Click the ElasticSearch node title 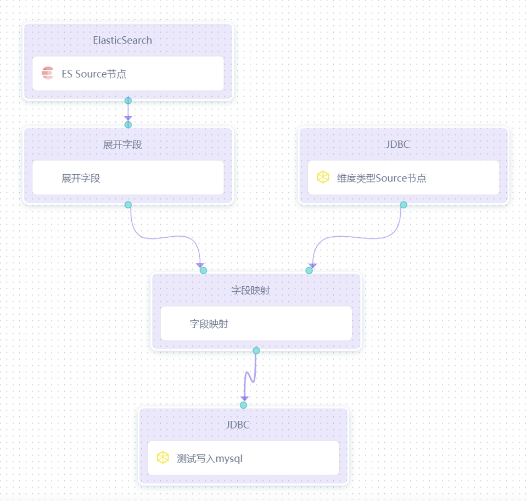(x=122, y=40)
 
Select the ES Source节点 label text (x=94, y=74)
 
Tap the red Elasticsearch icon (x=48, y=73)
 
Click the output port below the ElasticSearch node (x=128, y=101)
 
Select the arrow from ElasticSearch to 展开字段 (x=128, y=113)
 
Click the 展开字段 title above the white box (x=122, y=144)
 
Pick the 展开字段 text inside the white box (x=81, y=178)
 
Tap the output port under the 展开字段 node (x=128, y=205)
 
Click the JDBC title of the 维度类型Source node (x=398, y=144)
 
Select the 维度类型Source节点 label (x=382, y=178)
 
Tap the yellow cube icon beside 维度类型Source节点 (x=323, y=177)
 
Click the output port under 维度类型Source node (x=403, y=205)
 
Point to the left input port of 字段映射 (x=203, y=270)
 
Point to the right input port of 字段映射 (x=309, y=270)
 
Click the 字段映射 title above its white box (x=250, y=290)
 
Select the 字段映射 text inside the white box (x=209, y=324)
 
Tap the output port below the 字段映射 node (x=256, y=350)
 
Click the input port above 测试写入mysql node (x=243, y=405)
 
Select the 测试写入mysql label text (x=209, y=458)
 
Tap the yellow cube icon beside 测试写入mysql (x=162, y=458)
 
